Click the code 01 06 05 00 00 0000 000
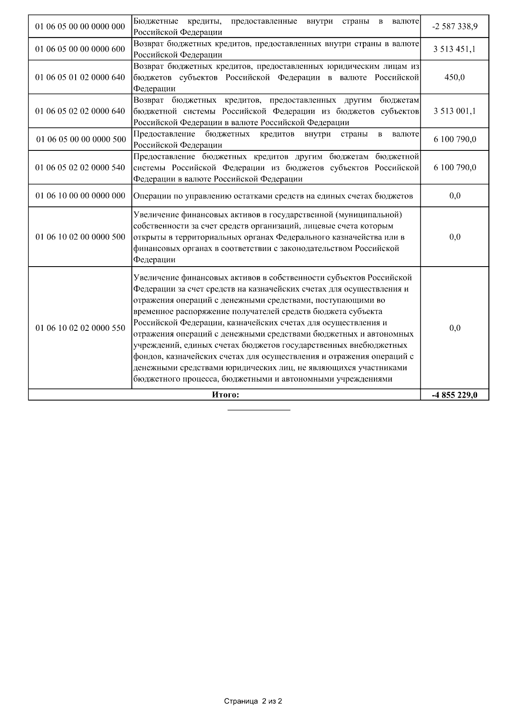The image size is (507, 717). tap(80, 27)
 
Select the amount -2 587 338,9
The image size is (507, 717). tap(455, 27)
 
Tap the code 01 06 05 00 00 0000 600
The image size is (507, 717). tap(80, 49)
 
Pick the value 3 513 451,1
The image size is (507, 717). tap(455, 49)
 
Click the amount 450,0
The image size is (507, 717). tap(455, 77)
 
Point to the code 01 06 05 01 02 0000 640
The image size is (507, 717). tap(80, 77)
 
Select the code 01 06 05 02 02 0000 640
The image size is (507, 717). tap(80, 111)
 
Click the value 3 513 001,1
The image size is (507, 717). tap(455, 111)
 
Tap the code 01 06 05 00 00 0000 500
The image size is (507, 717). tap(80, 139)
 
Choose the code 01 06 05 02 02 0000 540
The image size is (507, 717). tap(80, 167)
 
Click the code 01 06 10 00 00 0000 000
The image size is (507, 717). tap(80, 196)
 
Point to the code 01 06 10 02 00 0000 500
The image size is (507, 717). tap(80, 237)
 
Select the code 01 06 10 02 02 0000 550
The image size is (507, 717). tap(80, 328)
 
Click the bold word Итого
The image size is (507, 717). tap(225, 395)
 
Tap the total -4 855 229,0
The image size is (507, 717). tap(455, 395)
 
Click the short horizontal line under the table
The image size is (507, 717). tap(259, 410)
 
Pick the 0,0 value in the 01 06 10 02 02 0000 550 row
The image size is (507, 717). tap(455, 328)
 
